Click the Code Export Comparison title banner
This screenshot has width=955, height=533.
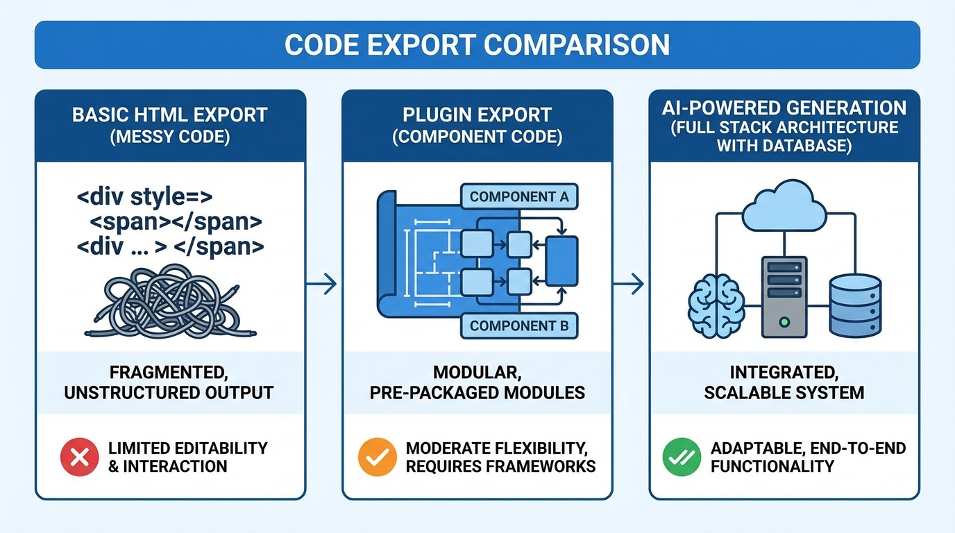477,45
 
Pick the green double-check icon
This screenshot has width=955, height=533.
682,457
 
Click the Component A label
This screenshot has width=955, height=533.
518,196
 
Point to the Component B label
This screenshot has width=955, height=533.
518,325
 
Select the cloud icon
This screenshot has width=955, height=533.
784,206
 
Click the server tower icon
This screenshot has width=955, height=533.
784,296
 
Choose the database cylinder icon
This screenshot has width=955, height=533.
855,305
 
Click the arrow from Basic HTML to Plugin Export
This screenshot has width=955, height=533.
322,283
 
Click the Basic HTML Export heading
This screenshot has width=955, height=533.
170,115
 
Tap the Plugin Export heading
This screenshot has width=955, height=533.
477,115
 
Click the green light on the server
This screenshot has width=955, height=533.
784,322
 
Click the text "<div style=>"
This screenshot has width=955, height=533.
145,197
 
